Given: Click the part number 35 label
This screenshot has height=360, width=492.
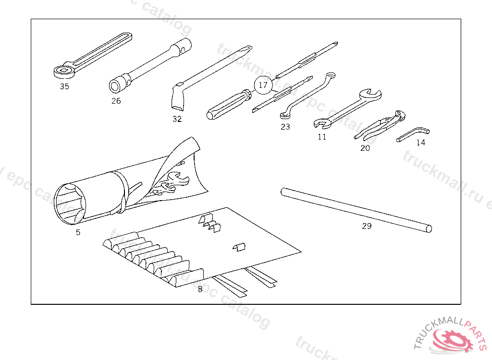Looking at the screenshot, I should click(x=64, y=86).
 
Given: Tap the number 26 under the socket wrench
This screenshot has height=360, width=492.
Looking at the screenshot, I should click(x=116, y=101).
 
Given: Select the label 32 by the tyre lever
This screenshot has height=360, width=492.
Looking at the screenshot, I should click(x=177, y=119).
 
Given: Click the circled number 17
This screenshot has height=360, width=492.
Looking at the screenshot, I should click(x=263, y=85).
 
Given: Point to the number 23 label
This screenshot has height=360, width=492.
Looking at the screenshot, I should click(x=285, y=127).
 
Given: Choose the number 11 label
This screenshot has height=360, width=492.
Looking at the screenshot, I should click(x=321, y=137).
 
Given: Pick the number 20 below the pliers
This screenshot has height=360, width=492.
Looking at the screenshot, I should click(x=365, y=148).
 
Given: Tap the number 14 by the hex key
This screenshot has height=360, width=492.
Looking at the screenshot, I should click(x=420, y=143).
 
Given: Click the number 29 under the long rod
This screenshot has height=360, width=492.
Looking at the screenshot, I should click(x=367, y=226).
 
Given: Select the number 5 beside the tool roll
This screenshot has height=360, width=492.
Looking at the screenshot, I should click(x=78, y=232).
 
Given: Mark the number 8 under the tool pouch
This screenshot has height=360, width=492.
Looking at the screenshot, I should click(x=200, y=289).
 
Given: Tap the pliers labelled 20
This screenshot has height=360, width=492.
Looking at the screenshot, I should click(x=380, y=126).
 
